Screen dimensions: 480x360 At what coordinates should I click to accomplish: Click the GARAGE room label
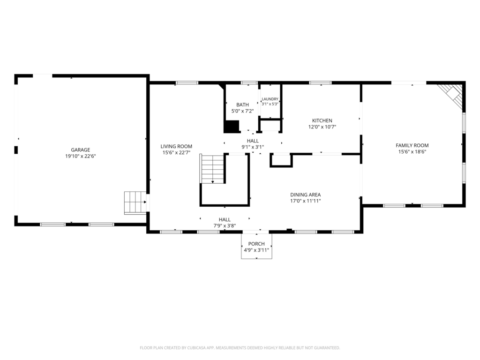(81, 150)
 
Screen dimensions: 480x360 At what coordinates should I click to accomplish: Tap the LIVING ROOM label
(176, 146)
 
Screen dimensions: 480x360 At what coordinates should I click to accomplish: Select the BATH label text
(242, 105)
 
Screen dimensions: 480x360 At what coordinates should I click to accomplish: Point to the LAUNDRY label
(270, 99)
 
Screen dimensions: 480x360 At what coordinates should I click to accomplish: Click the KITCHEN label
(322, 120)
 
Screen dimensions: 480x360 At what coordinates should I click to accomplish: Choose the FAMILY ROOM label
(412, 145)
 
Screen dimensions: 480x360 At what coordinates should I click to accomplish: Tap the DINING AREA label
(306, 195)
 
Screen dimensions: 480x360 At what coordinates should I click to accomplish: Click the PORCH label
(256, 244)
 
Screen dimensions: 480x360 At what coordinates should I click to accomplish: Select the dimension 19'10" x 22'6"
(81, 156)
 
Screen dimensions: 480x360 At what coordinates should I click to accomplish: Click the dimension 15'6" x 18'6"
(412, 152)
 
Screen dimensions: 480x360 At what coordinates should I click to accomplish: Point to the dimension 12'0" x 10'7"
(322, 127)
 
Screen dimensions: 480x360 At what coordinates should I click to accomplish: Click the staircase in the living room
(213, 169)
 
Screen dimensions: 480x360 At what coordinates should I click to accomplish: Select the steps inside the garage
(135, 202)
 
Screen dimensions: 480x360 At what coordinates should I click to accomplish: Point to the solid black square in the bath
(232, 127)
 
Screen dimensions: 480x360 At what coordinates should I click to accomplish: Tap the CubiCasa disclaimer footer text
(240, 348)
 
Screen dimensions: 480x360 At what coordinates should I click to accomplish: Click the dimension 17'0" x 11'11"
(306, 201)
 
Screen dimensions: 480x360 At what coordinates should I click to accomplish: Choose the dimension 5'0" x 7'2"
(242, 111)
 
